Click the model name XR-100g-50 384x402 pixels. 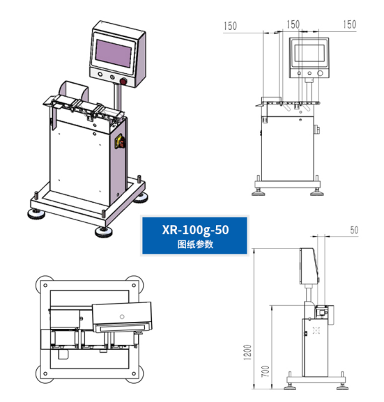[194, 229]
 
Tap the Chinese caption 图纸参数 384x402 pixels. [194, 245]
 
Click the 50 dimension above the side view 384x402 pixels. [354, 229]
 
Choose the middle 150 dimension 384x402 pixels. [293, 24]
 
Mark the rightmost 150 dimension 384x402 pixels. [350, 24]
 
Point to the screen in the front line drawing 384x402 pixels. [307, 53]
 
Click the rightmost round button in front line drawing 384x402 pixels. [320, 73]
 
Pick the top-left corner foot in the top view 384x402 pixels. [44, 282]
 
